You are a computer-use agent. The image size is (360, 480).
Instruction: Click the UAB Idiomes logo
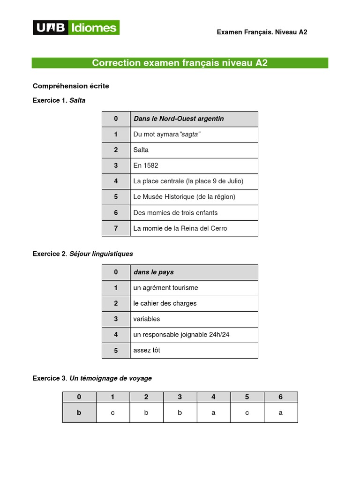pyautogui.click(x=76, y=28)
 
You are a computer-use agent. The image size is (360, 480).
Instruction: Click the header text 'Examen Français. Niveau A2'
pyautogui.click(x=262, y=32)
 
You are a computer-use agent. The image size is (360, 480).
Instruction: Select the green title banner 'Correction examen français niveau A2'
pyautogui.click(x=180, y=63)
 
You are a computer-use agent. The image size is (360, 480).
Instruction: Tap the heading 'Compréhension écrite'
pyautogui.click(x=71, y=86)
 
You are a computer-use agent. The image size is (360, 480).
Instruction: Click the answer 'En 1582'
pyautogui.click(x=146, y=166)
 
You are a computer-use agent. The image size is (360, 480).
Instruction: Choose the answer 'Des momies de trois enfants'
pyautogui.click(x=175, y=213)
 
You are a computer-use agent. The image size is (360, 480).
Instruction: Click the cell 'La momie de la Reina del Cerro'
pyautogui.click(x=180, y=228)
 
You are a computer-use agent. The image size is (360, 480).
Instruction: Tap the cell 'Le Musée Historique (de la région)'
pyautogui.click(x=184, y=197)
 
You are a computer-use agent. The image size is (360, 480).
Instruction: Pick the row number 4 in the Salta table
pyautogui.click(x=116, y=181)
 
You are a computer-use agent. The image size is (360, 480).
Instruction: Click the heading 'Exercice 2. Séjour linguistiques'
pyautogui.click(x=83, y=254)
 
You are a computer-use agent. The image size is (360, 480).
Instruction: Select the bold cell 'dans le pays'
pyautogui.click(x=153, y=272)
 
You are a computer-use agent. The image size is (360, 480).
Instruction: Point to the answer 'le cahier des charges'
pyautogui.click(x=165, y=303)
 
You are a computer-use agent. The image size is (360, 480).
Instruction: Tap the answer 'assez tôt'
pyautogui.click(x=147, y=350)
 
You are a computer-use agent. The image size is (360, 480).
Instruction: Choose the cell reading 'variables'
pyautogui.click(x=147, y=319)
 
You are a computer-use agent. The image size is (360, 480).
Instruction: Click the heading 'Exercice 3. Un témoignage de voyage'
pyautogui.click(x=92, y=378)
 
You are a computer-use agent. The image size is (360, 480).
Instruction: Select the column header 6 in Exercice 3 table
pyautogui.click(x=280, y=397)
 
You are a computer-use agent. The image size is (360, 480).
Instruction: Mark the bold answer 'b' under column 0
pyautogui.click(x=79, y=413)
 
